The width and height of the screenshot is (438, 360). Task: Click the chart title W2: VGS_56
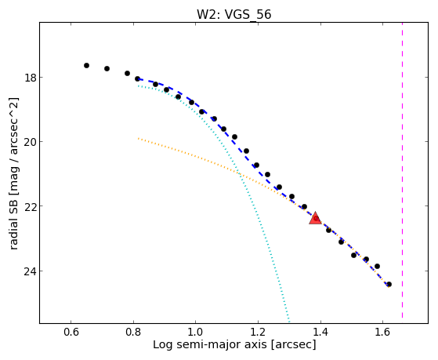[233, 14]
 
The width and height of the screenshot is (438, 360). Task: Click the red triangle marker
[315, 218]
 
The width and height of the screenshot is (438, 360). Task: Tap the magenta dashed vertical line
[402, 170]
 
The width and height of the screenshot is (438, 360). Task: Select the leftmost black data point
[87, 65]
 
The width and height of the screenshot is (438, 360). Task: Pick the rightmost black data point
[389, 285]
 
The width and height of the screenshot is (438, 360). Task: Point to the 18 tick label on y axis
[30, 78]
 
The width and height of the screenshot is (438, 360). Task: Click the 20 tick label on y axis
[30, 142]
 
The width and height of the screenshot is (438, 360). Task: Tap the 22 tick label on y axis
[30, 206]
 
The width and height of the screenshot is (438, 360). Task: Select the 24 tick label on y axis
[30, 271]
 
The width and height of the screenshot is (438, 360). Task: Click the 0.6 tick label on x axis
[71, 332]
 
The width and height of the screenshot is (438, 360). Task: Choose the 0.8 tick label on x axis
[133, 332]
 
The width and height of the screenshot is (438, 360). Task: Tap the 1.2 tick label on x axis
[258, 332]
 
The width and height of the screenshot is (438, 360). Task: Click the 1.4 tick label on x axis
[320, 332]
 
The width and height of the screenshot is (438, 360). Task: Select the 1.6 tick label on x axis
[382, 332]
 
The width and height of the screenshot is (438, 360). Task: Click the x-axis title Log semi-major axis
[209, 344]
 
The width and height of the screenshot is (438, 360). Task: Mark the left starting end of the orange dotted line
[138, 138]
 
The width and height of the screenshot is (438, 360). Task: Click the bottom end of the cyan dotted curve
[289, 321]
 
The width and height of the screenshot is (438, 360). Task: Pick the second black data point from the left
[107, 68]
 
